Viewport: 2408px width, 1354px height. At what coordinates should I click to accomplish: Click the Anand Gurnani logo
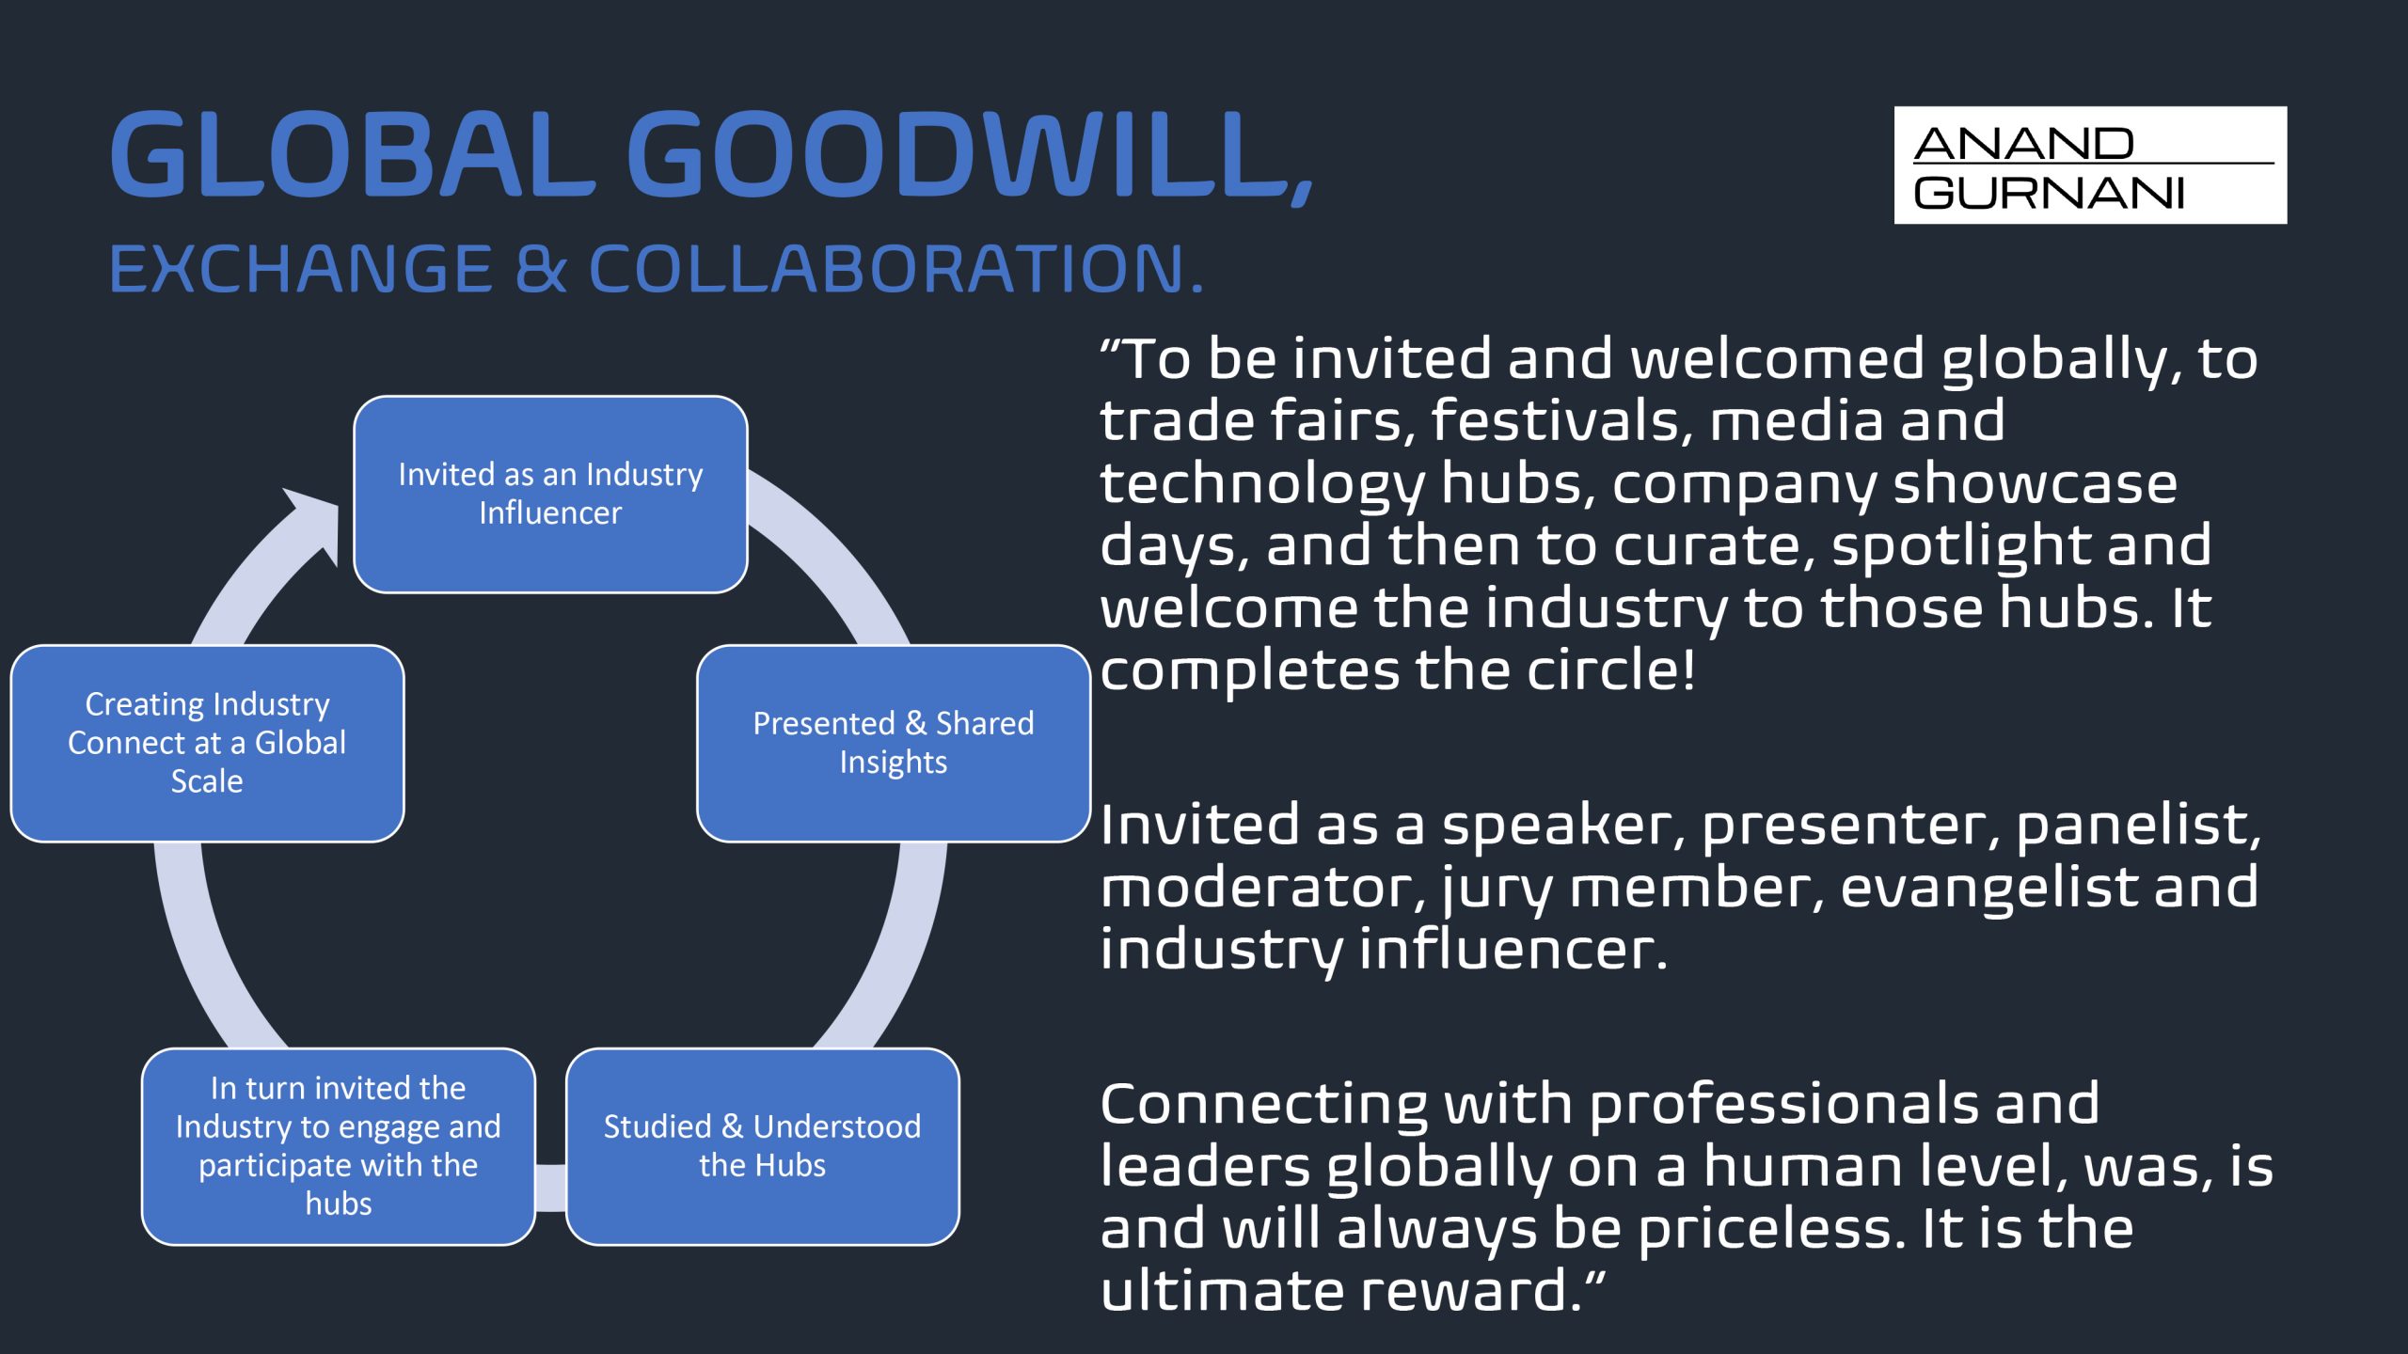[2090, 165]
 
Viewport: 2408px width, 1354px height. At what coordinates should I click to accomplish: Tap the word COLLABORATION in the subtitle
[895, 269]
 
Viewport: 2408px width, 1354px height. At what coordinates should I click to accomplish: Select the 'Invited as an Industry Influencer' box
[550, 494]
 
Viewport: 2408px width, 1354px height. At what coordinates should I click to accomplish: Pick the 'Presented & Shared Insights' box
[894, 743]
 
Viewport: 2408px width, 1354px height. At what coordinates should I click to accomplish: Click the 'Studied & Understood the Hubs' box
[763, 1146]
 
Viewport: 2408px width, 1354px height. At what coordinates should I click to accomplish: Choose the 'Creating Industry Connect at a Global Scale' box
[207, 743]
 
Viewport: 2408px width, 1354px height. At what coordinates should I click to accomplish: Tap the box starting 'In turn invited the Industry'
[339, 1146]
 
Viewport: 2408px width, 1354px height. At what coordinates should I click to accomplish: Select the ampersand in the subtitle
[541, 269]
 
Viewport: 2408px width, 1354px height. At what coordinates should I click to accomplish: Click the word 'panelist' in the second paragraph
[2138, 826]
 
